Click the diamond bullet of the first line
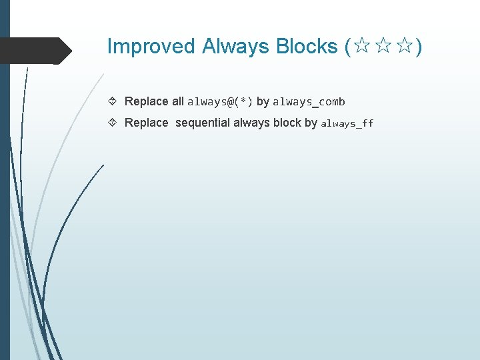[113, 102]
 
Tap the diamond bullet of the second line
[113, 123]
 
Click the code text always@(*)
[220, 102]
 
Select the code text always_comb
[309, 102]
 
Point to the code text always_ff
[347, 123]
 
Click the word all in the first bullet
[178, 102]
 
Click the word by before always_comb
[263, 102]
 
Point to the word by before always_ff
[311, 123]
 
